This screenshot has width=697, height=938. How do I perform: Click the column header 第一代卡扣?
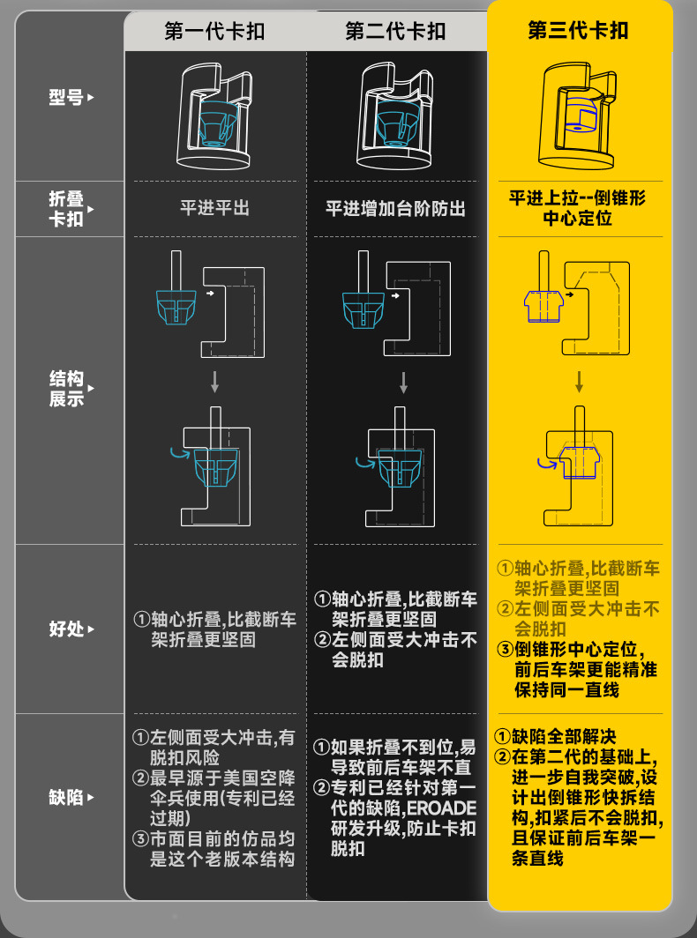(x=214, y=33)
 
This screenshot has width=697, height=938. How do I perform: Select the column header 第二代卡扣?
(x=395, y=33)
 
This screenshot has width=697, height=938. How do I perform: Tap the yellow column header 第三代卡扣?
(x=578, y=31)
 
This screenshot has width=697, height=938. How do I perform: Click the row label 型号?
(x=66, y=98)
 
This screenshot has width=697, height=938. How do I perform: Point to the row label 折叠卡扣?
(x=66, y=209)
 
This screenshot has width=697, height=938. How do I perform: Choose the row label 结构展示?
(x=66, y=389)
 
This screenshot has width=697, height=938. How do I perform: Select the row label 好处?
(x=66, y=629)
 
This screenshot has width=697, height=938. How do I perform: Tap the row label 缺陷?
(x=66, y=798)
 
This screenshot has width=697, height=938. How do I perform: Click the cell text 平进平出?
(x=214, y=209)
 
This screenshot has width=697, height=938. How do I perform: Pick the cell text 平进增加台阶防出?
(x=395, y=209)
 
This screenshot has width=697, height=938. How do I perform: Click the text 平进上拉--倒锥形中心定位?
(x=578, y=207)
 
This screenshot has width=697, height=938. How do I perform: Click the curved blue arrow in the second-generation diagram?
(x=363, y=461)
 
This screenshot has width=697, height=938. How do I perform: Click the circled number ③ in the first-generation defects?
(x=140, y=838)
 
